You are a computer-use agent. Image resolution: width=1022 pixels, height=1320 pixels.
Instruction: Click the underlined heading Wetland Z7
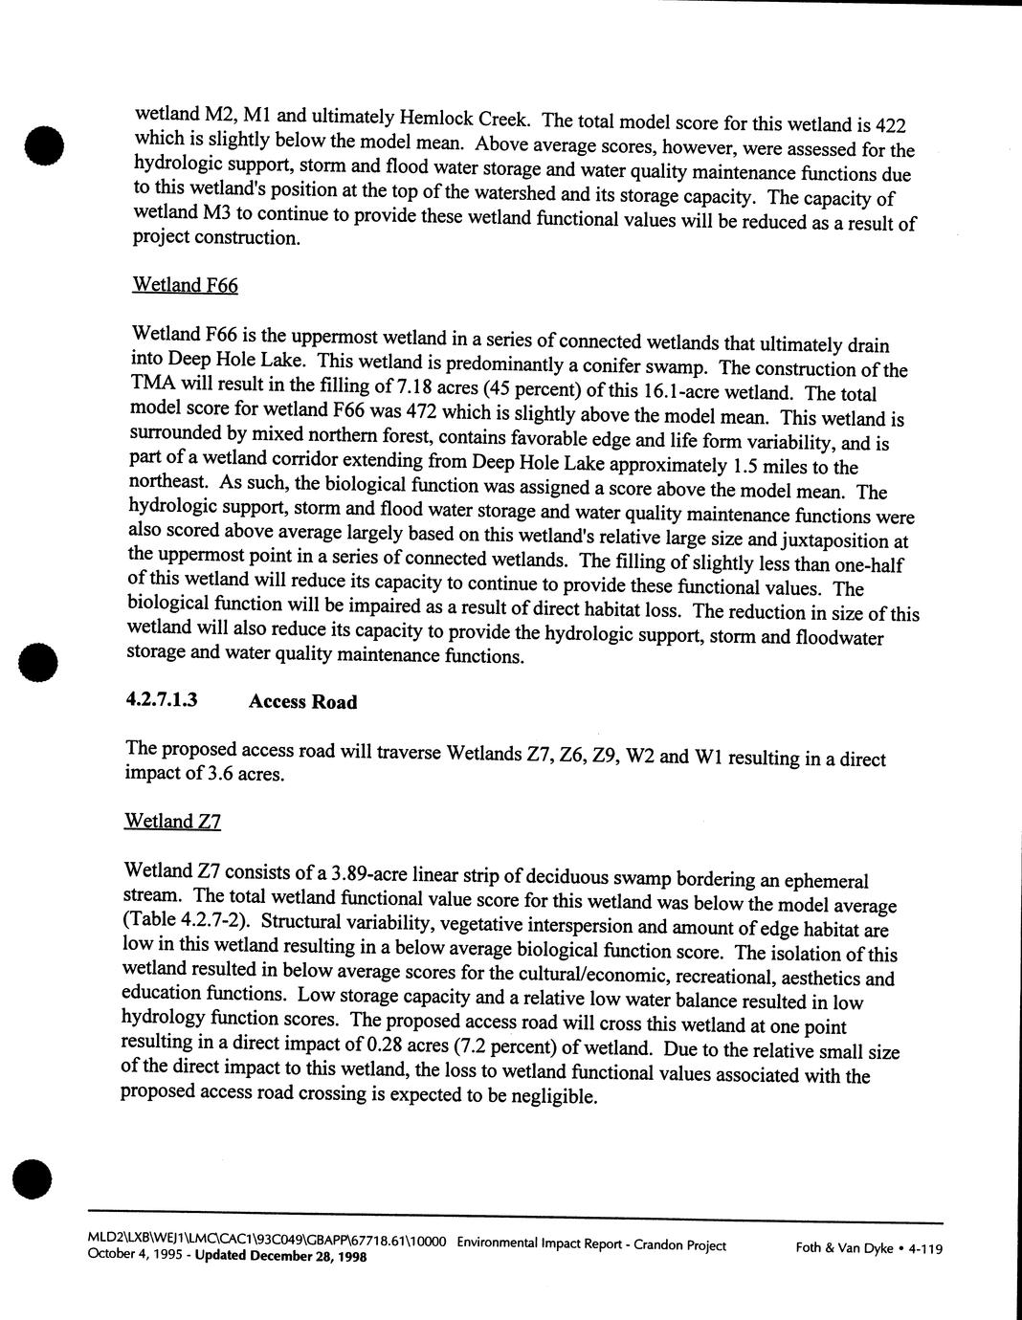point(172,821)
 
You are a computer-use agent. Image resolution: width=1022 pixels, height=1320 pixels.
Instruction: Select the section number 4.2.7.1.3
point(162,699)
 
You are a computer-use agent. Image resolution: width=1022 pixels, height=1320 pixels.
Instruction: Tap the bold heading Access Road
point(302,702)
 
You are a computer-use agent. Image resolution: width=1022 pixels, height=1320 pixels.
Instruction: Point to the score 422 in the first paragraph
point(889,125)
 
